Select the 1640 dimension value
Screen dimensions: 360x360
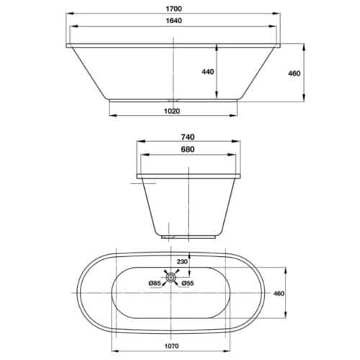point(173,22)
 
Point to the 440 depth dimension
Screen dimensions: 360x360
point(207,71)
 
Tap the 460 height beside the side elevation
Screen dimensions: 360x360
point(294,73)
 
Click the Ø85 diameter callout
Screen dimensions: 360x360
point(153,283)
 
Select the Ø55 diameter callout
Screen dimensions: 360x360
point(189,283)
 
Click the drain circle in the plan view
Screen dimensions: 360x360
point(171,276)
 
